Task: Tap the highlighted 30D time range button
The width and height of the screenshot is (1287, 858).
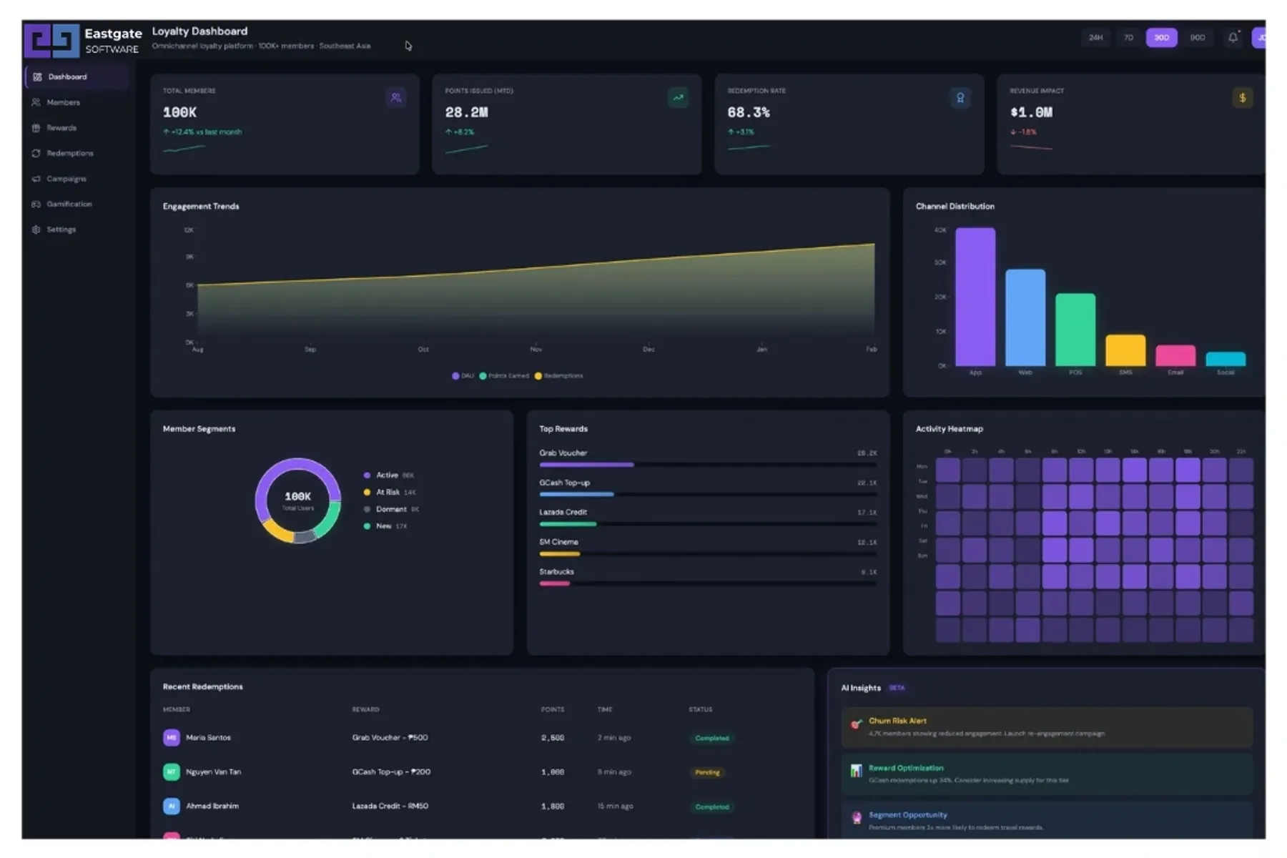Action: click(1160, 37)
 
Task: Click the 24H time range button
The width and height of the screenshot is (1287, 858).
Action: click(1095, 37)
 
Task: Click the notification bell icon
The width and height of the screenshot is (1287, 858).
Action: click(1233, 37)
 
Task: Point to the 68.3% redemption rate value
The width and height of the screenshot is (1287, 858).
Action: click(748, 112)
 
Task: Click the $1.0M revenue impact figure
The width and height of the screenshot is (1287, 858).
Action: click(1030, 112)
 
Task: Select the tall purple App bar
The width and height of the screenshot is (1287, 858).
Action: click(975, 297)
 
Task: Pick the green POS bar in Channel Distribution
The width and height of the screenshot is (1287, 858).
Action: click(1075, 330)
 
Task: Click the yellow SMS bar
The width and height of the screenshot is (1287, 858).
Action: click(1125, 350)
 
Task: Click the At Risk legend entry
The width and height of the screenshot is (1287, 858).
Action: click(388, 492)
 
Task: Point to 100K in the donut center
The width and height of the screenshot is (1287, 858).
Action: click(297, 496)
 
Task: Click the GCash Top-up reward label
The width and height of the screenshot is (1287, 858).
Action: click(564, 483)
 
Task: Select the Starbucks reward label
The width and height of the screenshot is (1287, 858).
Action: click(556, 571)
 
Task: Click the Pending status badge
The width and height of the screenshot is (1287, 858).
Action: click(707, 772)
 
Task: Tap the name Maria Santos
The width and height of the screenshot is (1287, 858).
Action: click(208, 737)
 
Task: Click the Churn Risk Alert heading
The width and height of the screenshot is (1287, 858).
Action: click(897, 721)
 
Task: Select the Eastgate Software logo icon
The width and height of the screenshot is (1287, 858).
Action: click(51, 40)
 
